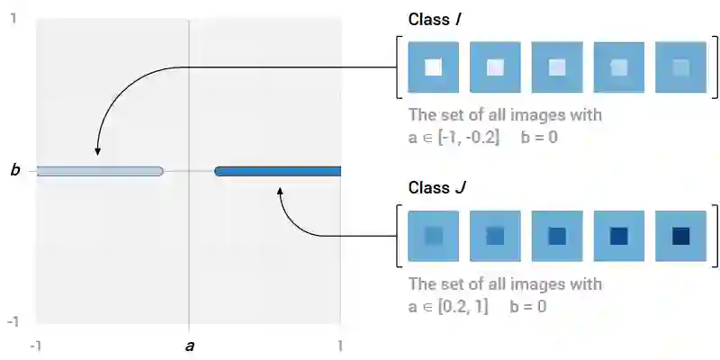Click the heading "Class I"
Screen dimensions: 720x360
pyautogui.click(x=436, y=20)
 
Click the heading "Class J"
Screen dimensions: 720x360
pyautogui.click(x=437, y=188)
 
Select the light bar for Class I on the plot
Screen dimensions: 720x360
pyautogui.click(x=99, y=171)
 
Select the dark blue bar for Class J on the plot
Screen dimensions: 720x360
pyautogui.click(x=277, y=171)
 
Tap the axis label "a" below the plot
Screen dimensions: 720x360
pyautogui.click(x=189, y=345)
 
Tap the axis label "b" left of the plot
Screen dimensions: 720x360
pyautogui.click(x=14, y=170)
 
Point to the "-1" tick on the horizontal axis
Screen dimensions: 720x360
pyautogui.click(x=36, y=346)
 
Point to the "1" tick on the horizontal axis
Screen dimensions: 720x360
pyautogui.click(x=340, y=346)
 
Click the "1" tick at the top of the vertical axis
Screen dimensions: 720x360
pyautogui.click(x=13, y=17)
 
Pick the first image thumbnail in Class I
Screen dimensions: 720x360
pyautogui.click(x=433, y=67)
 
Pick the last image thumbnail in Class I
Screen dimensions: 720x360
pyautogui.click(x=680, y=67)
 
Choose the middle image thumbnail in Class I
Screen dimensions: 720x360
pyautogui.click(x=557, y=67)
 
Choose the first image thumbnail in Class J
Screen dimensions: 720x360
pyautogui.click(x=433, y=236)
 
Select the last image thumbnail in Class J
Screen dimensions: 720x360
pyautogui.click(x=680, y=236)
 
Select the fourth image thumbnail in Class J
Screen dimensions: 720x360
pyautogui.click(x=618, y=236)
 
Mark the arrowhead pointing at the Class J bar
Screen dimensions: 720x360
pyautogui.click(x=281, y=190)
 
